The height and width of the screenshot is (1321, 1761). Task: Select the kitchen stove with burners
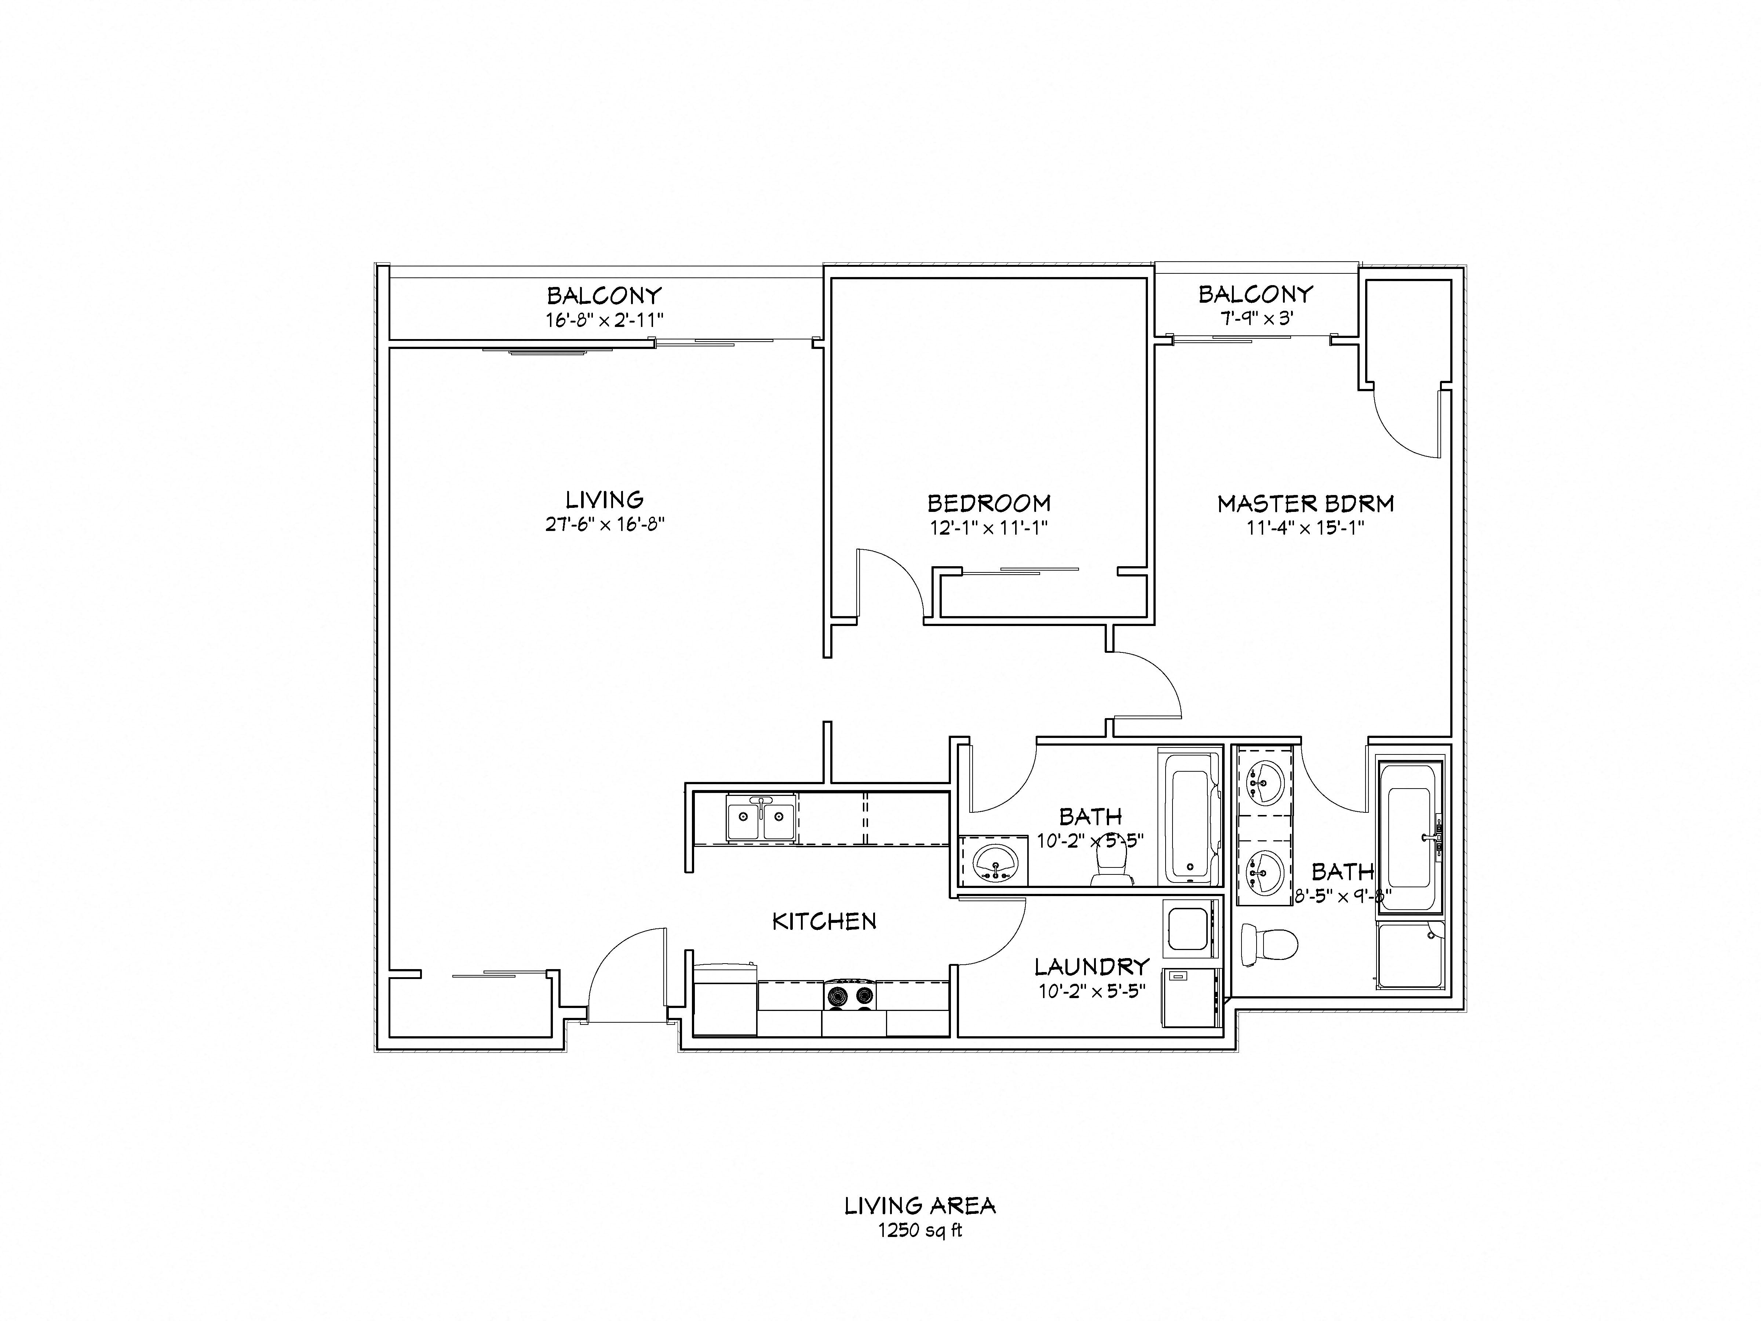849,995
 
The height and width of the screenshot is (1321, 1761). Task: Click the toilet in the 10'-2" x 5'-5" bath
1110,864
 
